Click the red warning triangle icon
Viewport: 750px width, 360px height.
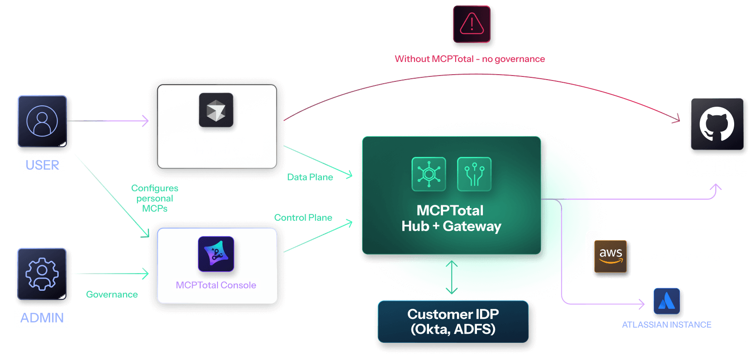pos(472,24)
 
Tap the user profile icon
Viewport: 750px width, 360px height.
pos(42,121)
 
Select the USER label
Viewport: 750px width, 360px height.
pos(42,165)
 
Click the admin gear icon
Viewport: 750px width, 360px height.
pos(42,274)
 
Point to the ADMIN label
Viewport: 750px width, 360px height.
pos(42,318)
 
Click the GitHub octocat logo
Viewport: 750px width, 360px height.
pos(717,124)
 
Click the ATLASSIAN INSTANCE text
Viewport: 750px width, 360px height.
pos(666,325)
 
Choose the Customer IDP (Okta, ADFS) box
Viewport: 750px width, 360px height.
pos(453,322)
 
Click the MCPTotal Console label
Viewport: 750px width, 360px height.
pos(216,285)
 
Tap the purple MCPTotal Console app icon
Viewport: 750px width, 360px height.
pos(216,254)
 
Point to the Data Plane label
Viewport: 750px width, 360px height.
pos(310,177)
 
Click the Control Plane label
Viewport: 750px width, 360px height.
pos(303,218)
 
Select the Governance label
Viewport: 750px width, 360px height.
pos(112,294)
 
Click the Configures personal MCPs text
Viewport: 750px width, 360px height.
pos(155,198)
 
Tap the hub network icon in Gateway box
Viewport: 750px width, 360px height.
pos(429,174)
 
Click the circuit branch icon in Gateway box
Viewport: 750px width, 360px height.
pos(474,174)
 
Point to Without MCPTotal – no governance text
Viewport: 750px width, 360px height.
pos(470,59)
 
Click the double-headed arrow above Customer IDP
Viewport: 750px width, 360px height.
pos(452,278)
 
